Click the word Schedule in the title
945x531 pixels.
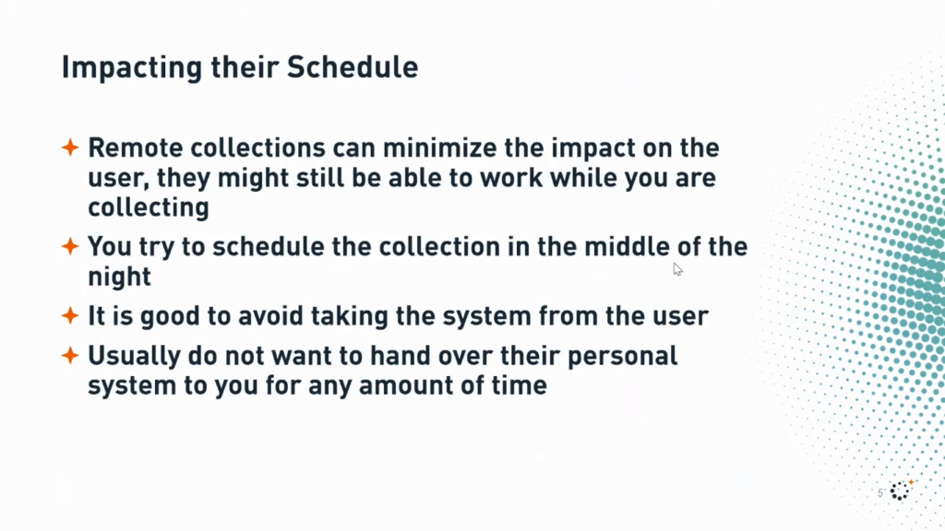point(353,66)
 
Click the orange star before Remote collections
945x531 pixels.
point(70,147)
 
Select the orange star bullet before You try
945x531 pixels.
point(70,246)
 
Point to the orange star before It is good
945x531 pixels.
point(70,315)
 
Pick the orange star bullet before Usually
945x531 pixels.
point(70,355)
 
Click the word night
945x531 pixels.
point(120,277)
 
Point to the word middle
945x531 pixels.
point(627,247)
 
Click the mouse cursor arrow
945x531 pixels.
point(677,269)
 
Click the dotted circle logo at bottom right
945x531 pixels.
point(901,490)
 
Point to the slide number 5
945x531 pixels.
point(880,493)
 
